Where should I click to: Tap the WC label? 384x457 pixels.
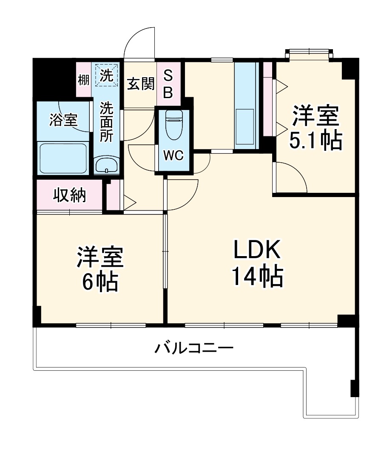174,156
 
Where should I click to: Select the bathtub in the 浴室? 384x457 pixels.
63,158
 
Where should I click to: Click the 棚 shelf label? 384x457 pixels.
83,79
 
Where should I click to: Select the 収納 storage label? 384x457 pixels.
70,195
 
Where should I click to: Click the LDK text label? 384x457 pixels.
256,251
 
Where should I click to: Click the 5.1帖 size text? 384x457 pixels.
316,141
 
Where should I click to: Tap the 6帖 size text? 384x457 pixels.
100,281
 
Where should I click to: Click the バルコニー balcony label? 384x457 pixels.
194,349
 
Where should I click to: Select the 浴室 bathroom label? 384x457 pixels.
63,120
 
